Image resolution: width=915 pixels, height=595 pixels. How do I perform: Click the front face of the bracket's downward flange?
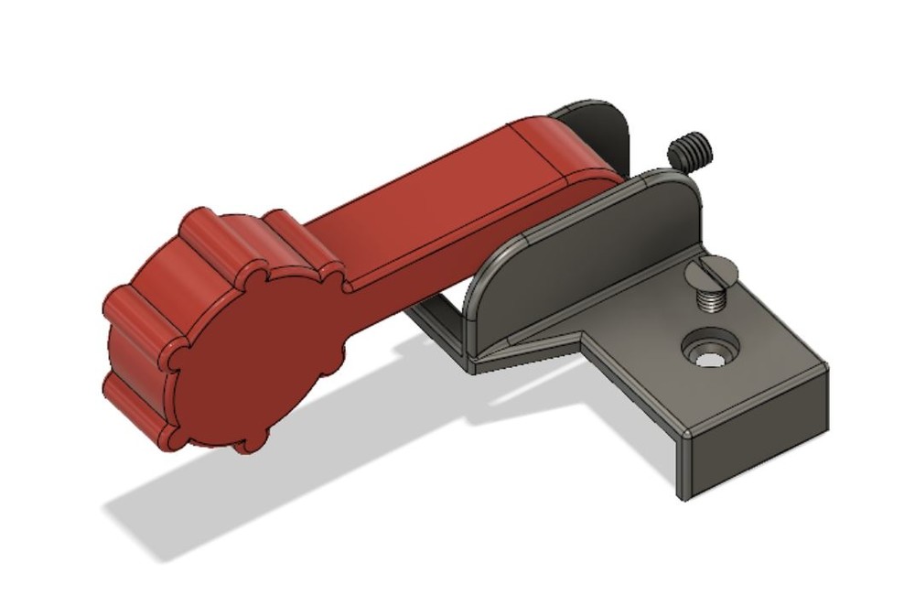pyautogui.click(x=755, y=444)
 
